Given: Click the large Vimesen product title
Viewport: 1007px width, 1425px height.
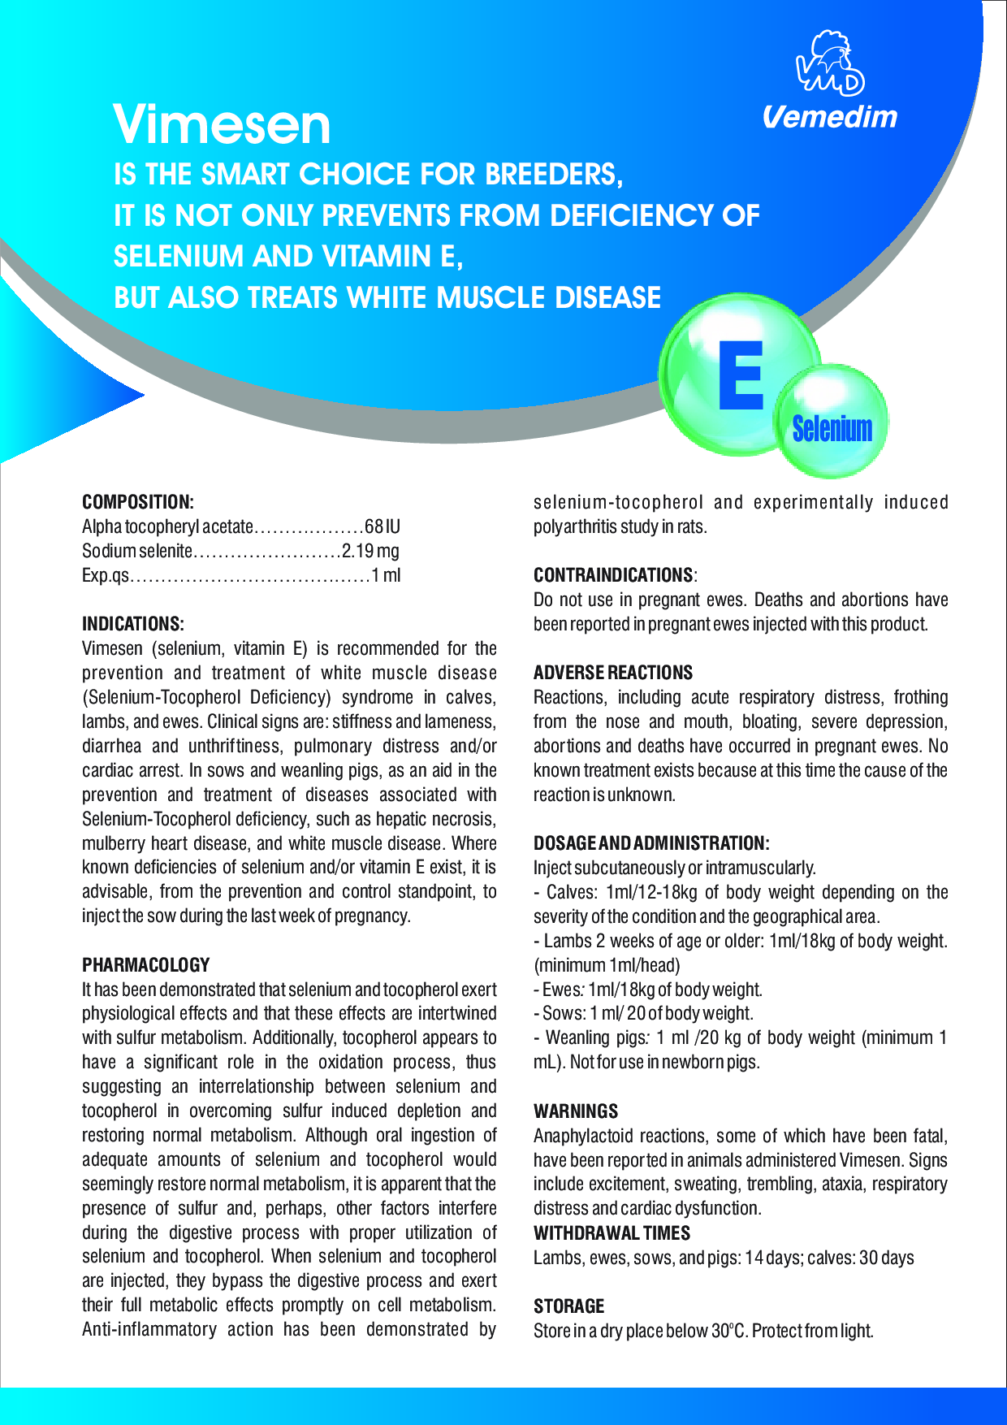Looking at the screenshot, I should [222, 125].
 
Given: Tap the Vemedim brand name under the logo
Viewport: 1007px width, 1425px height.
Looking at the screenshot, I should [830, 118].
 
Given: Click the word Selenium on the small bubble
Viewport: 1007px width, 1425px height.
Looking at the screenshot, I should [832, 428].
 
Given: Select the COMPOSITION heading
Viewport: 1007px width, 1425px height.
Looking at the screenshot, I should [138, 502].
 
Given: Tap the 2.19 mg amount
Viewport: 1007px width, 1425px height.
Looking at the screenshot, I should [371, 551].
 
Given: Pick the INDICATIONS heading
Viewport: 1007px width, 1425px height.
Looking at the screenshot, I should [133, 624].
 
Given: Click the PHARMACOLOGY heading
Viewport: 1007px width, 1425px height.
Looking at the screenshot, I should [146, 965].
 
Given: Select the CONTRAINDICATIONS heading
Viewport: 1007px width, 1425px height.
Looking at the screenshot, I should [613, 575].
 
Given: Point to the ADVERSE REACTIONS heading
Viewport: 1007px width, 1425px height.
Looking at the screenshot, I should [613, 673].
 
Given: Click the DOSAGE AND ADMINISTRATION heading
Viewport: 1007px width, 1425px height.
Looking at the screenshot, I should [651, 843].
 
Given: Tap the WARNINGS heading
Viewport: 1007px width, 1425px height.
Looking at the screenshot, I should [576, 1111].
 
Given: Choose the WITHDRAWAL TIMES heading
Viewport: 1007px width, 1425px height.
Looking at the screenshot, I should [612, 1233].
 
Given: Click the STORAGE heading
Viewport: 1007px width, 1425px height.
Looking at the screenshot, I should [569, 1306].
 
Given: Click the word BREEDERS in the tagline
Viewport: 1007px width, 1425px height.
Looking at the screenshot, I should [554, 175].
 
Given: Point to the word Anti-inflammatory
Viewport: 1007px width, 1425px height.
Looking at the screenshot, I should [149, 1329].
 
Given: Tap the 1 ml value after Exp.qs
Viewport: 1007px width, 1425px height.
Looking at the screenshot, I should [387, 575].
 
